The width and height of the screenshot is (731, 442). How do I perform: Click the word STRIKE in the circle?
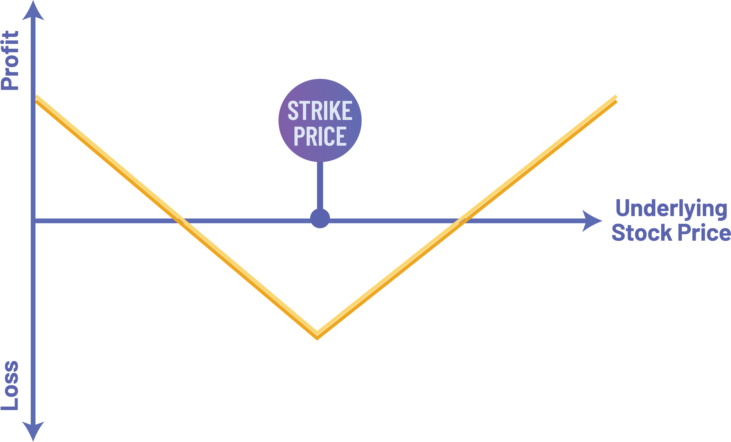coord(320,111)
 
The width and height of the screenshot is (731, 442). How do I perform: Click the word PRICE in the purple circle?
coord(320,136)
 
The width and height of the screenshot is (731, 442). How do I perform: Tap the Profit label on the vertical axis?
coord(10,60)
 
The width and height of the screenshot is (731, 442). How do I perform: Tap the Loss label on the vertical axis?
coord(10,385)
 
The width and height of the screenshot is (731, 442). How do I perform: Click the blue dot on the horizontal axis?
coord(320,218)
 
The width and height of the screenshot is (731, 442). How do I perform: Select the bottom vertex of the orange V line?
coord(317,335)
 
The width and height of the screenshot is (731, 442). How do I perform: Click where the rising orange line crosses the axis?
coord(462,221)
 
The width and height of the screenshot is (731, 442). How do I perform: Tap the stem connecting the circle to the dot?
coord(320,186)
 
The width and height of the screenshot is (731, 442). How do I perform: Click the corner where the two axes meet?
coord(33,221)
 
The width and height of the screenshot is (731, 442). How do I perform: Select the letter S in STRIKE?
coord(293,111)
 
